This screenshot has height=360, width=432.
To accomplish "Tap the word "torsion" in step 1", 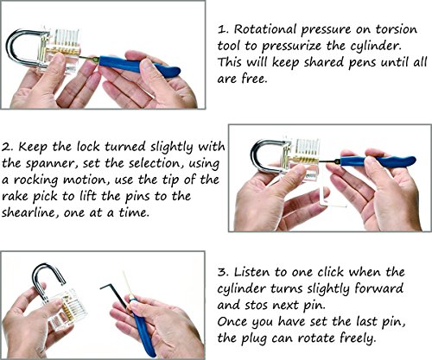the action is coord(396,29).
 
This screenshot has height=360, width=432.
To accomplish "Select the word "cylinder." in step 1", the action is coord(375,47).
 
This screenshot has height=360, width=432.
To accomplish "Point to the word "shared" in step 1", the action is coord(324,63).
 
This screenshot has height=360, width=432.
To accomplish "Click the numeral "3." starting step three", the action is coord(223,272).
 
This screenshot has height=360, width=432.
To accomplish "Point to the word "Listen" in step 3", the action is coord(252,272).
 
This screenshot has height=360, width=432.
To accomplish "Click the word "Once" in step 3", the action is coord(232,322).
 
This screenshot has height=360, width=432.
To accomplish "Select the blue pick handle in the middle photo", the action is coord(378,161).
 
